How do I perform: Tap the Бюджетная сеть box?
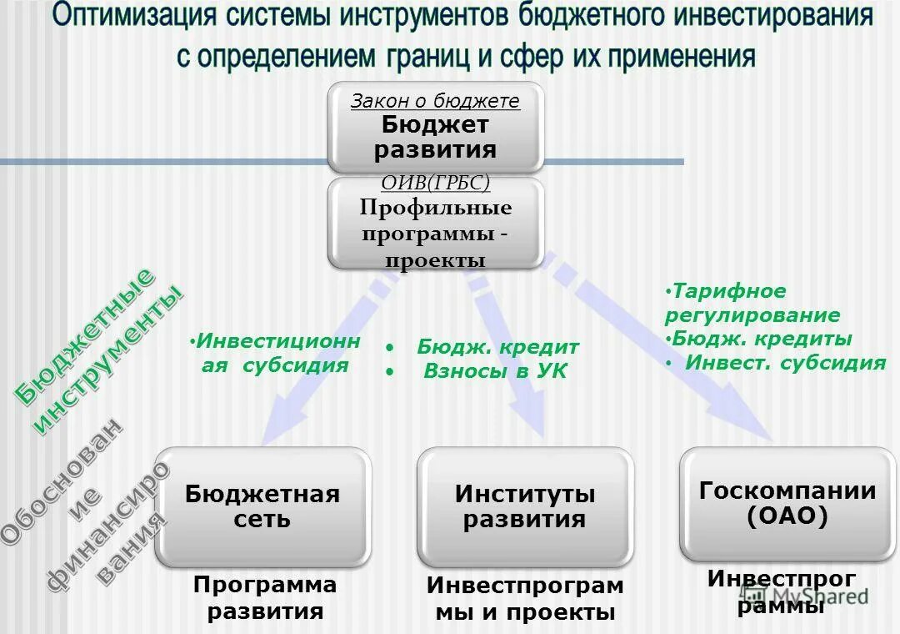[262, 507]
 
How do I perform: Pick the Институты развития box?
[525, 507]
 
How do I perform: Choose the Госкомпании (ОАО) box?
[787, 504]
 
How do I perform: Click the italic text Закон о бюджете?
[434, 101]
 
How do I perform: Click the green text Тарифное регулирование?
[752, 304]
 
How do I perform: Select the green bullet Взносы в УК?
[494, 372]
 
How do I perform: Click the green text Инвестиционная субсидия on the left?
[275, 354]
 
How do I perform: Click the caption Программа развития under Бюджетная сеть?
[265, 598]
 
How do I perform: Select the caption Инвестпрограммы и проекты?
[525, 599]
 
